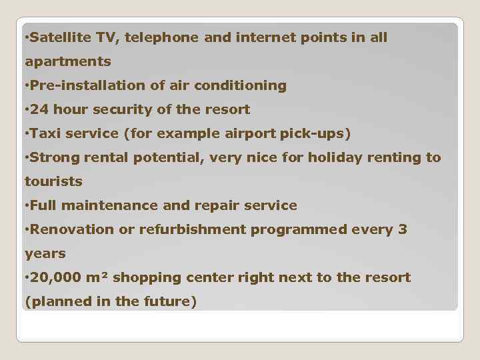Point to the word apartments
pos(68,62)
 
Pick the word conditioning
pos(245,85)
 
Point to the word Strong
pos(53,157)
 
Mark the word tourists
pos(53,181)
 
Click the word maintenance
pos(113,205)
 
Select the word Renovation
pos(72,229)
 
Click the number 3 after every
pos(402,229)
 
